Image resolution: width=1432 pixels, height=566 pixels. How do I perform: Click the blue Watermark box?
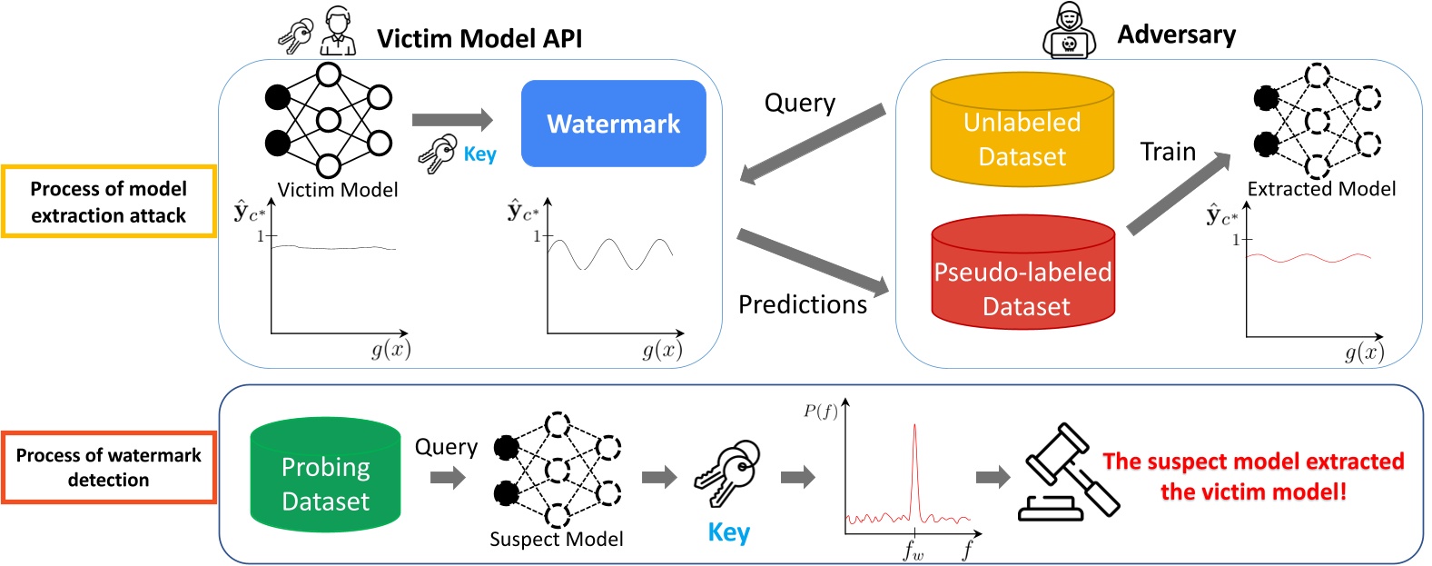[613, 124]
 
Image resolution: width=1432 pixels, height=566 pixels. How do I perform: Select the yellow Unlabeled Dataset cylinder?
[1022, 133]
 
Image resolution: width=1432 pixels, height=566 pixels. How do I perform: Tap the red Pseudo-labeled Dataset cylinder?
[1022, 276]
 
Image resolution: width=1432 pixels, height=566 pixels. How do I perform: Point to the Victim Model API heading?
[479, 39]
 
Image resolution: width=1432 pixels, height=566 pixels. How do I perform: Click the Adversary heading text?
[1176, 35]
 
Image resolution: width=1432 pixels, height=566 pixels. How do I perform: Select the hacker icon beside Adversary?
[1069, 33]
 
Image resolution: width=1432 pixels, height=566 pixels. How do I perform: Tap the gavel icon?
[1068, 474]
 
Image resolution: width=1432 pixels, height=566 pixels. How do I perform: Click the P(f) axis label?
[820, 412]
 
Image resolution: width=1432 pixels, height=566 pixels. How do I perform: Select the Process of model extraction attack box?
[109, 202]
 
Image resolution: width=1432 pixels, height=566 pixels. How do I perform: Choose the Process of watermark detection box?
[109, 468]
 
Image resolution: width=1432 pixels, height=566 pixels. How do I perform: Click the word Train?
[1168, 152]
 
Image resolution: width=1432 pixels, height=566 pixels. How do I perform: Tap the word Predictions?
[803, 304]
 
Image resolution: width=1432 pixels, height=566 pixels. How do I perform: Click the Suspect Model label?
[556, 539]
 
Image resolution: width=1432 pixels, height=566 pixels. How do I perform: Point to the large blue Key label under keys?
[728, 532]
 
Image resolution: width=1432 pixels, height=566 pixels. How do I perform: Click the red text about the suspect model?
[1253, 476]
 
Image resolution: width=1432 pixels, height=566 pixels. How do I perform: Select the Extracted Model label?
[1321, 189]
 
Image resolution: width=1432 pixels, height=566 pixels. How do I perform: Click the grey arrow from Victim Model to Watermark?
[451, 120]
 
